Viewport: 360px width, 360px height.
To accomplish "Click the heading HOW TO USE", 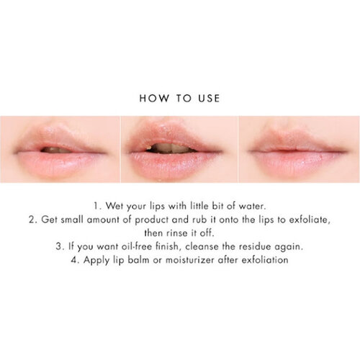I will click(x=180, y=96).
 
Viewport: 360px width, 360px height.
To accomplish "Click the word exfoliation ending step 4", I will click(x=264, y=259).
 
